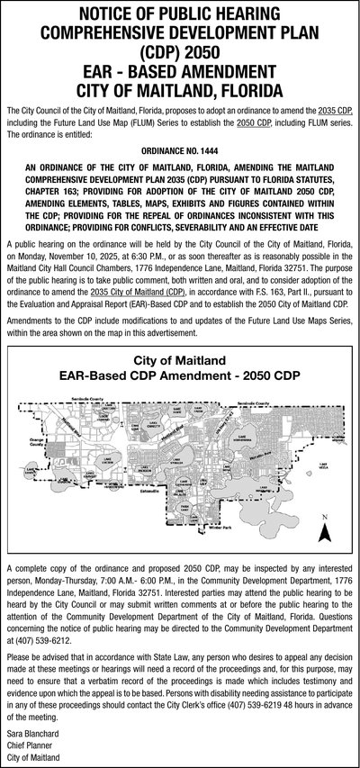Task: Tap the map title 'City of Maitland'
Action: pyautogui.click(x=180, y=360)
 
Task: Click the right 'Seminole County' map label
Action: pyautogui.click(x=255, y=402)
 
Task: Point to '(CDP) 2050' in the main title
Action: pyautogui.click(x=179, y=51)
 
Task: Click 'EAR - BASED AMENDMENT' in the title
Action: pyautogui.click(x=180, y=70)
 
